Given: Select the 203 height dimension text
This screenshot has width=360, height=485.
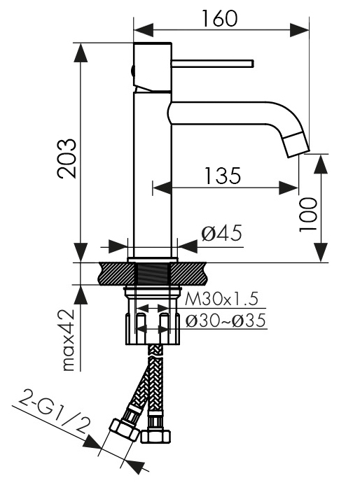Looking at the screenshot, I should pos(68,159).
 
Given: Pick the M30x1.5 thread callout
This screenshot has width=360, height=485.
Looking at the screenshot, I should pos(222,299).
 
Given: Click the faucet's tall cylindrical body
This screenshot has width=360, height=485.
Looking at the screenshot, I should pos(152,175).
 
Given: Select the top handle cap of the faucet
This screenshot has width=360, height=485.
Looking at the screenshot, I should pos(152,66).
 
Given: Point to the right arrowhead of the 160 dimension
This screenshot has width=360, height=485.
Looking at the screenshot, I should pos(303,29).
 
